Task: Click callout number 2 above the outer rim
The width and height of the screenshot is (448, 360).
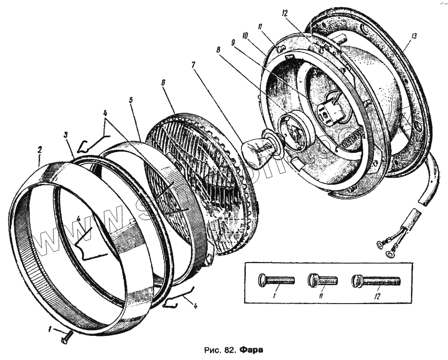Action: tap(39, 149)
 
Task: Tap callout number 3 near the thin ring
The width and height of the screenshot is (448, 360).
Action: tap(65, 134)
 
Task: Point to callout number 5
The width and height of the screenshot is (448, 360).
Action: tap(131, 100)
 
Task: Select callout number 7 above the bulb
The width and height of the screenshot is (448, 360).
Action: tap(193, 65)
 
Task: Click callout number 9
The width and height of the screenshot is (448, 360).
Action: tap(233, 42)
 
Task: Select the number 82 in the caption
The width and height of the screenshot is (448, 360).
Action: tap(227, 349)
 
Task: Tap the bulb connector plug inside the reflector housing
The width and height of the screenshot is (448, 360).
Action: tap(331, 112)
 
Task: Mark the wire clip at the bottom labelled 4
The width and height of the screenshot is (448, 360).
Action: tap(179, 299)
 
